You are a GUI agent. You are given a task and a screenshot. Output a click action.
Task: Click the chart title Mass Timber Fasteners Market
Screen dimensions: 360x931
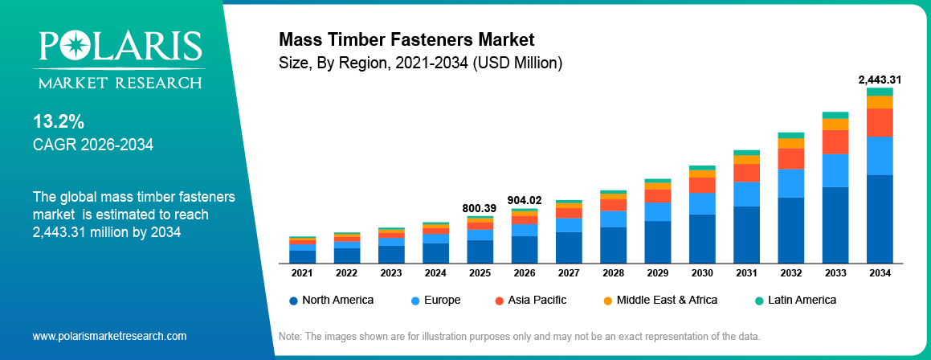coord(406,39)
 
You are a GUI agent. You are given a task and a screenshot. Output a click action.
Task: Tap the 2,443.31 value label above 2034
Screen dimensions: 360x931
coord(880,80)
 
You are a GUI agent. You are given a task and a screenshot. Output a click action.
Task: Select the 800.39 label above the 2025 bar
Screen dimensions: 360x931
coord(480,208)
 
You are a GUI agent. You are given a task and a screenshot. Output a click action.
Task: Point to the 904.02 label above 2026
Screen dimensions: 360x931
coord(525,200)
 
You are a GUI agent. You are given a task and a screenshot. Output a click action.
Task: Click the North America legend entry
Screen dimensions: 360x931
coord(331,300)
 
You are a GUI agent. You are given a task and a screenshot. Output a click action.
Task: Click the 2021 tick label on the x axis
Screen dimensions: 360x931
coord(302,273)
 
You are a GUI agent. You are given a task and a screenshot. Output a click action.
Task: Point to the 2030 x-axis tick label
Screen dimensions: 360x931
coord(702,273)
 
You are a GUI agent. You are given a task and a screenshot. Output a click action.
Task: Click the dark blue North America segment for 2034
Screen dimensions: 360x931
coord(880,219)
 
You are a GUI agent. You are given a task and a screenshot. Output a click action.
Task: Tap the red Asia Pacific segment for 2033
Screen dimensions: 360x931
coord(835,141)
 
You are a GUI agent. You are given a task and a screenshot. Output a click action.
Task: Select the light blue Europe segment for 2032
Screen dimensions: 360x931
coord(791,183)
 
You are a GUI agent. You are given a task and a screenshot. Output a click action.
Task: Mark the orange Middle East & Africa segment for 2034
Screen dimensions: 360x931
coord(880,102)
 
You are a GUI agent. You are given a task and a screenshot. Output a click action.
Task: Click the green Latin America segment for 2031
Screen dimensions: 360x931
coord(746,153)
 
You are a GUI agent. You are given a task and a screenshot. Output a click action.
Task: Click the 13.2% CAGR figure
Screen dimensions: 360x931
coord(58,122)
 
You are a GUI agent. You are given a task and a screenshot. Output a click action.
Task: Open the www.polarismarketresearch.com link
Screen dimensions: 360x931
coord(109,336)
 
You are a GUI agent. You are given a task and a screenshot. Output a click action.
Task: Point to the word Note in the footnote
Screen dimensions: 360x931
coord(290,336)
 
